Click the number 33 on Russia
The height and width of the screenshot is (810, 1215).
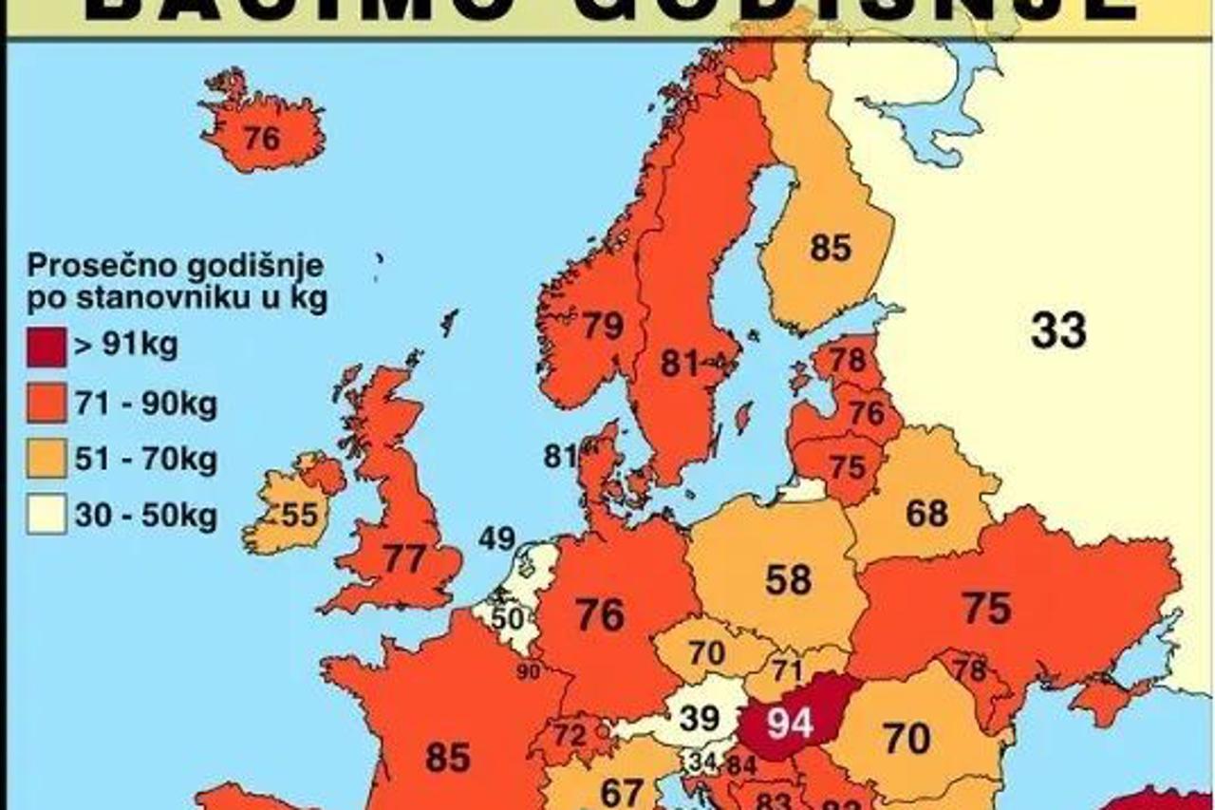(x=1058, y=331)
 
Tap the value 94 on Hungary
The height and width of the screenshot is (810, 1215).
(x=790, y=724)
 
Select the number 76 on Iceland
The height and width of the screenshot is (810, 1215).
(x=261, y=139)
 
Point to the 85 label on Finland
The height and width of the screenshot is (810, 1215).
(x=831, y=249)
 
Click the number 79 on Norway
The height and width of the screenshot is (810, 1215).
(x=603, y=327)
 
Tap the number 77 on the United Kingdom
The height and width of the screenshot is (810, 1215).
(x=403, y=558)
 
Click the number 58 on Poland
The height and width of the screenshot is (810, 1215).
(x=788, y=579)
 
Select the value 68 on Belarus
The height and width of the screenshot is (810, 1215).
(x=926, y=514)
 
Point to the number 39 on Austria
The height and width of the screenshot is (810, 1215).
(x=700, y=719)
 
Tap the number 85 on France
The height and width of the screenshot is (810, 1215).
(x=448, y=757)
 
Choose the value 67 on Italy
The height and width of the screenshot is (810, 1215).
(x=623, y=790)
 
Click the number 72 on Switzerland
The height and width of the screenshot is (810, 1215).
(x=570, y=734)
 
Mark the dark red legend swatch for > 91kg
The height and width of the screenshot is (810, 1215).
(x=47, y=347)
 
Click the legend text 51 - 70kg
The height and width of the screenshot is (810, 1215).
(x=145, y=461)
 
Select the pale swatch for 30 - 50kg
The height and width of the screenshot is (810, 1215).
(x=47, y=518)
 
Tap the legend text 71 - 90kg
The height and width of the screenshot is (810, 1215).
(x=145, y=405)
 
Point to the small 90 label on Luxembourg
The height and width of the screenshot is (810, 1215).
(x=529, y=672)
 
